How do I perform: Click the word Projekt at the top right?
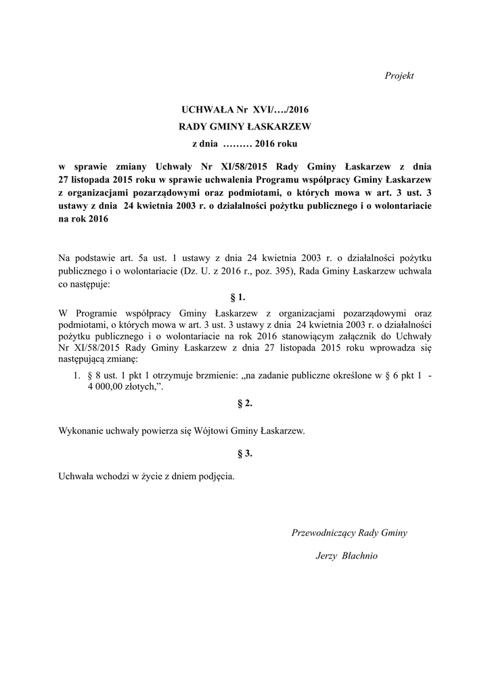[x=399, y=75]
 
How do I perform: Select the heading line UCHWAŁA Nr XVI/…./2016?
[x=244, y=108]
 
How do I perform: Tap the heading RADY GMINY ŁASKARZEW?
[x=244, y=126]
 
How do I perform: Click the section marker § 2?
[x=244, y=403]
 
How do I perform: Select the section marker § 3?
[x=244, y=453]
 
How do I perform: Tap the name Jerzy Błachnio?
[x=347, y=556]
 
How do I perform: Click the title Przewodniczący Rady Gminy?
[x=349, y=533]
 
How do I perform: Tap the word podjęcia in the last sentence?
[x=215, y=476]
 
